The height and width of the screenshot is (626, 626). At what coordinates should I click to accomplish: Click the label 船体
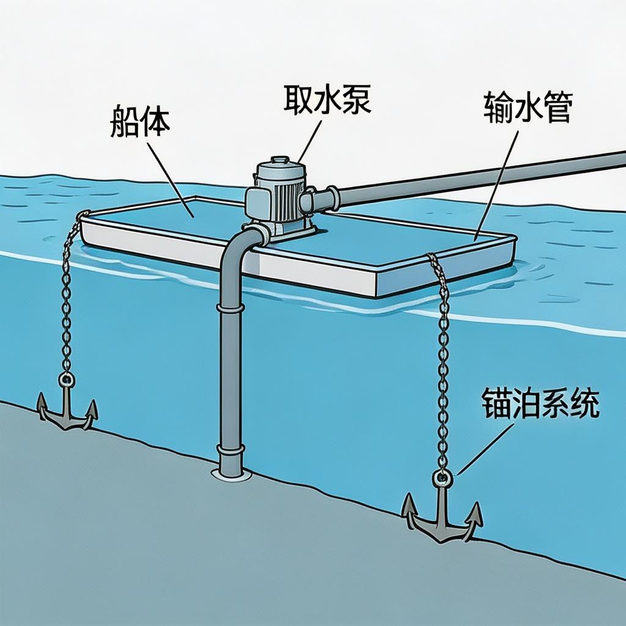coord(140,123)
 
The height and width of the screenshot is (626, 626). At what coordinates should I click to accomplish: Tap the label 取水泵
coord(326,99)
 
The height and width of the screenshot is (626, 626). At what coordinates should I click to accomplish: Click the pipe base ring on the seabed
coord(231,473)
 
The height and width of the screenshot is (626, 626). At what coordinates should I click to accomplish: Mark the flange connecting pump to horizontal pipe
coord(333,198)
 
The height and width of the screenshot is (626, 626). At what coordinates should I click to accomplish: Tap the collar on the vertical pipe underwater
coord(231,309)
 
